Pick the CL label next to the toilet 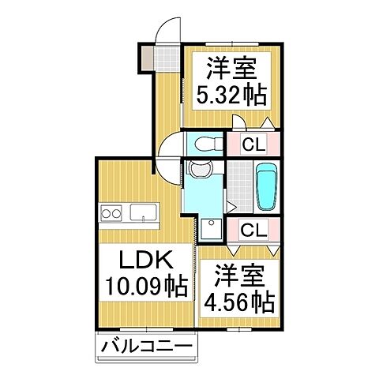[x=253, y=144]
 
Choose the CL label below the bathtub [x=253, y=231]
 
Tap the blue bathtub [x=266, y=187]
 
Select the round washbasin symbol [x=197, y=169]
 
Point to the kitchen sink [x=143, y=212]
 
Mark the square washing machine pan [x=211, y=228]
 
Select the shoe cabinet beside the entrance [x=148, y=57]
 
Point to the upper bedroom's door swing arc [x=240, y=123]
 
